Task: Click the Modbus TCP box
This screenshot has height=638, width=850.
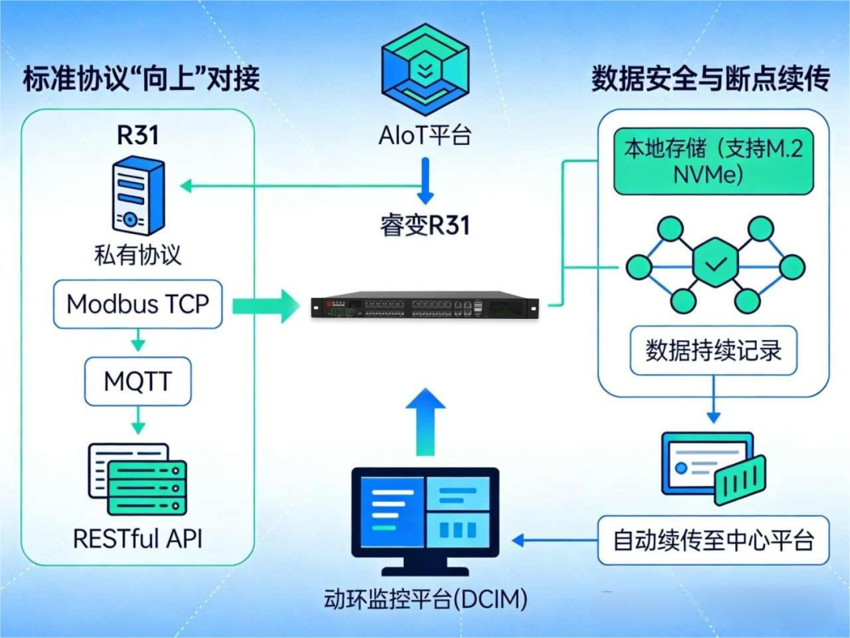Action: pos(138,304)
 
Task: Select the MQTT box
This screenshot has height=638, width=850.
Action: pos(138,381)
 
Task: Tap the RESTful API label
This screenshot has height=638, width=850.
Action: pos(138,539)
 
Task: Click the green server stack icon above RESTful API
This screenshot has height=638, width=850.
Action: pos(138,480)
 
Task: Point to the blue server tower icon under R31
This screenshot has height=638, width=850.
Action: pos(139,195)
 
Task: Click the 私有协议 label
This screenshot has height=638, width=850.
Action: pos(138,255)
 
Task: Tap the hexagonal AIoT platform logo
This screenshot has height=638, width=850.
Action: pos(426,69)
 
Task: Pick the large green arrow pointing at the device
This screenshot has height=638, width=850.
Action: pos(266,306)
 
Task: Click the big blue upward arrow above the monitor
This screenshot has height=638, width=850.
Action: pos(426,421)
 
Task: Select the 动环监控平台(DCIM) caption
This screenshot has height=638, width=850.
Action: pos(426,599)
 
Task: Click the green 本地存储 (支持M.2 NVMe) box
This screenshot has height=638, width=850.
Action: pos(713,161)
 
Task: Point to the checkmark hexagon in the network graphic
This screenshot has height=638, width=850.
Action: pos(715,263)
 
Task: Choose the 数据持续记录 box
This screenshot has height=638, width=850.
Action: pos(713,351)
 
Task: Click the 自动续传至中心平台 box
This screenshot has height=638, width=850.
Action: pos(713,540)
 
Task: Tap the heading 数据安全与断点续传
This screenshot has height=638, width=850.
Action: pos(710,79)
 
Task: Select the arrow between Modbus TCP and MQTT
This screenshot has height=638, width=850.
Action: pos(139,340)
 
